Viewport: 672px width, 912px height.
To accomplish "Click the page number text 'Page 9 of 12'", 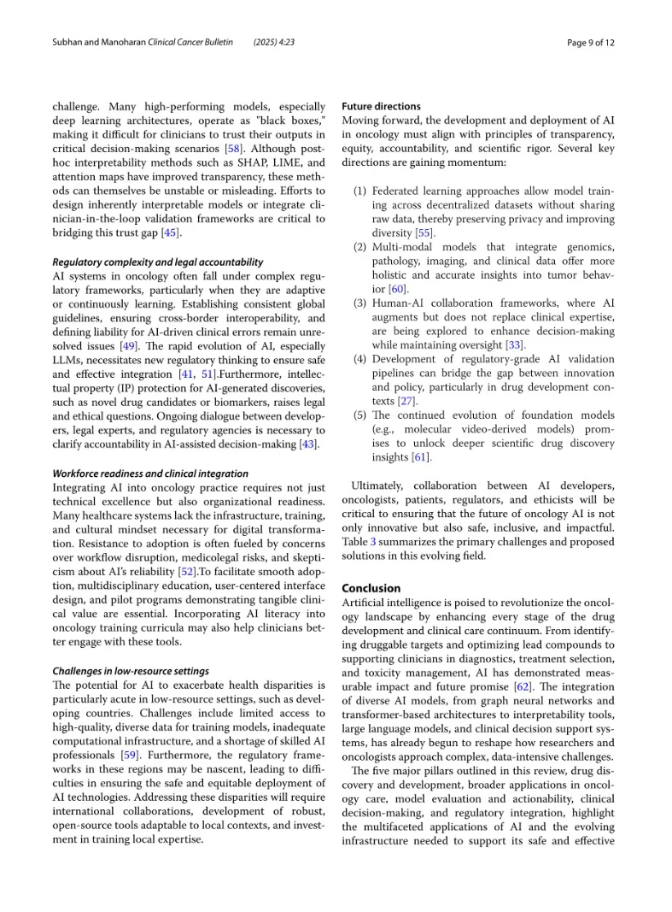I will pyautogui.click(x=591, y=42).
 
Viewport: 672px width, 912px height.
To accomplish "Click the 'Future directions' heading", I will pyautogui.click(x=381, y=107).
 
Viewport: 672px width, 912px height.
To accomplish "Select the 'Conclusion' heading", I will pyautogui.click(x=371, y=588).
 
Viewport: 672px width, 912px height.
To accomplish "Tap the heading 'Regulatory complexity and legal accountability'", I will pyautogui.click(x=158, y=262).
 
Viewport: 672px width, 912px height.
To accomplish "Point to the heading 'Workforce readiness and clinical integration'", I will pyautogui.click(x=150, y=474).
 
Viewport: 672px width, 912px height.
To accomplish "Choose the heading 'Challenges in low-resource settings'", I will pyautogui.click(x=131, y=671).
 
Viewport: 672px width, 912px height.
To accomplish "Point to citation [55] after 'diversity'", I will pyautogui.click(x=424, y=233).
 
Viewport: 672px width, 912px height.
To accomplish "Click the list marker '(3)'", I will pyautogui.click(x=360, y=303).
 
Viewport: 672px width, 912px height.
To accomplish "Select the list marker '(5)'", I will pyautogui.click(x=360, y=415).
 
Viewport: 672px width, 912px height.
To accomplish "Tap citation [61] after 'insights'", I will pyautogui.click(x=421, y=457).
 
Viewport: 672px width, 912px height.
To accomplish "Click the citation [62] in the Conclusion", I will pyautogui.click(x=523, y=686).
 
